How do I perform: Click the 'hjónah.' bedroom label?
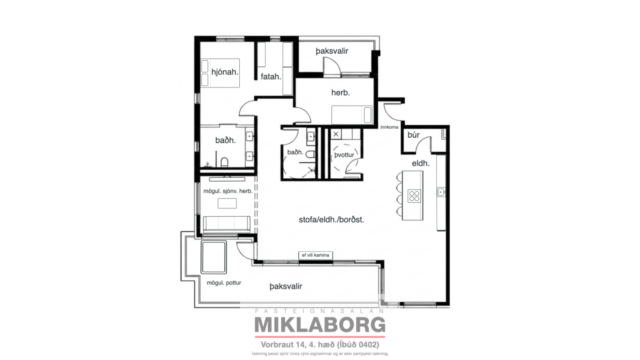click(225, 72)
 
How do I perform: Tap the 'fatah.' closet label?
click(271, 76)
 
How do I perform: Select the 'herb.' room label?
click(340, 92)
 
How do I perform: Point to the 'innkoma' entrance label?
click(389, 127)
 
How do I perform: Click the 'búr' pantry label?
click(414, 135)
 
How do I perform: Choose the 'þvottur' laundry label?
click(344, 155)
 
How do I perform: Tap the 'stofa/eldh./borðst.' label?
click(332, 220)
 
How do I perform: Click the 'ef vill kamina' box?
click(316, 255)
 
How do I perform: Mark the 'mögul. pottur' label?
click(224, 283)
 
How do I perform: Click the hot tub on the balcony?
click(214, 257)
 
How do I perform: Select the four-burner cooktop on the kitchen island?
click(414, 196)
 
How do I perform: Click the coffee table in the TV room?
click(227, 204)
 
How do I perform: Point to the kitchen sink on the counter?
click(441, 192)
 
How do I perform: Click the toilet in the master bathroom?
click(224, 162)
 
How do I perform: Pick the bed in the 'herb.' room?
click(352, 115)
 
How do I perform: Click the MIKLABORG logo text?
click(320, 325)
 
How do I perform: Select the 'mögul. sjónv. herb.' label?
click(228, 191)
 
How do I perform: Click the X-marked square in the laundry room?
click(336, 134)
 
